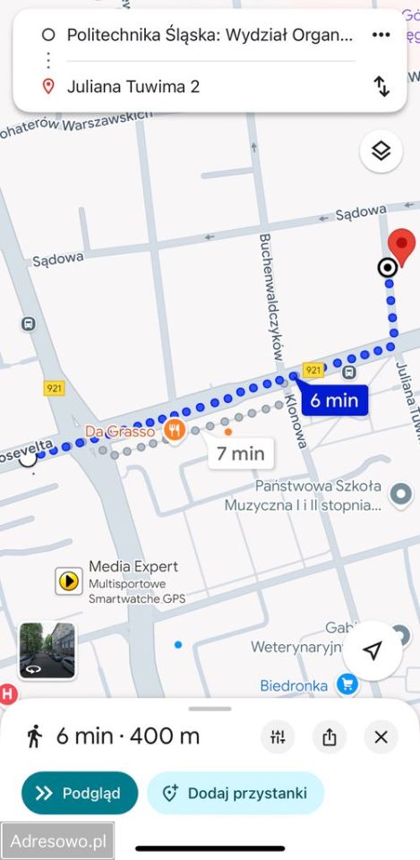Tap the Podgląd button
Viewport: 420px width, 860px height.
80,793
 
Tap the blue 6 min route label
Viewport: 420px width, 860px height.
334,400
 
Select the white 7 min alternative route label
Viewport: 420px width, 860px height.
241,453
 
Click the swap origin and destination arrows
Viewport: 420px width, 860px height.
381,86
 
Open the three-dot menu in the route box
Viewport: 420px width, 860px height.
381,35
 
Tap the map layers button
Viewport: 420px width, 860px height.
381,150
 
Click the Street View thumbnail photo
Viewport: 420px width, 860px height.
47,650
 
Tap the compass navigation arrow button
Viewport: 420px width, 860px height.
373,650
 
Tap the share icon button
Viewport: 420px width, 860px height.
329,737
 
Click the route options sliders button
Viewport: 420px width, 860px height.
278,737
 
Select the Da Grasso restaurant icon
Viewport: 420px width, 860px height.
174,430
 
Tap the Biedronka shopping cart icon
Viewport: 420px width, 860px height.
347,685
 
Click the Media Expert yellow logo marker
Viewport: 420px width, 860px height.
68,580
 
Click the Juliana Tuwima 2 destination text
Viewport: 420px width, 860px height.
133,87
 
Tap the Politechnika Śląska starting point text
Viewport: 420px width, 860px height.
210,36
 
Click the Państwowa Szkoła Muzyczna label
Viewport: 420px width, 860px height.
305,494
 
